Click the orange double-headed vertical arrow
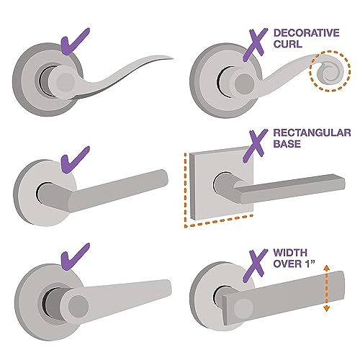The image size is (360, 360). tap(327, 288)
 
